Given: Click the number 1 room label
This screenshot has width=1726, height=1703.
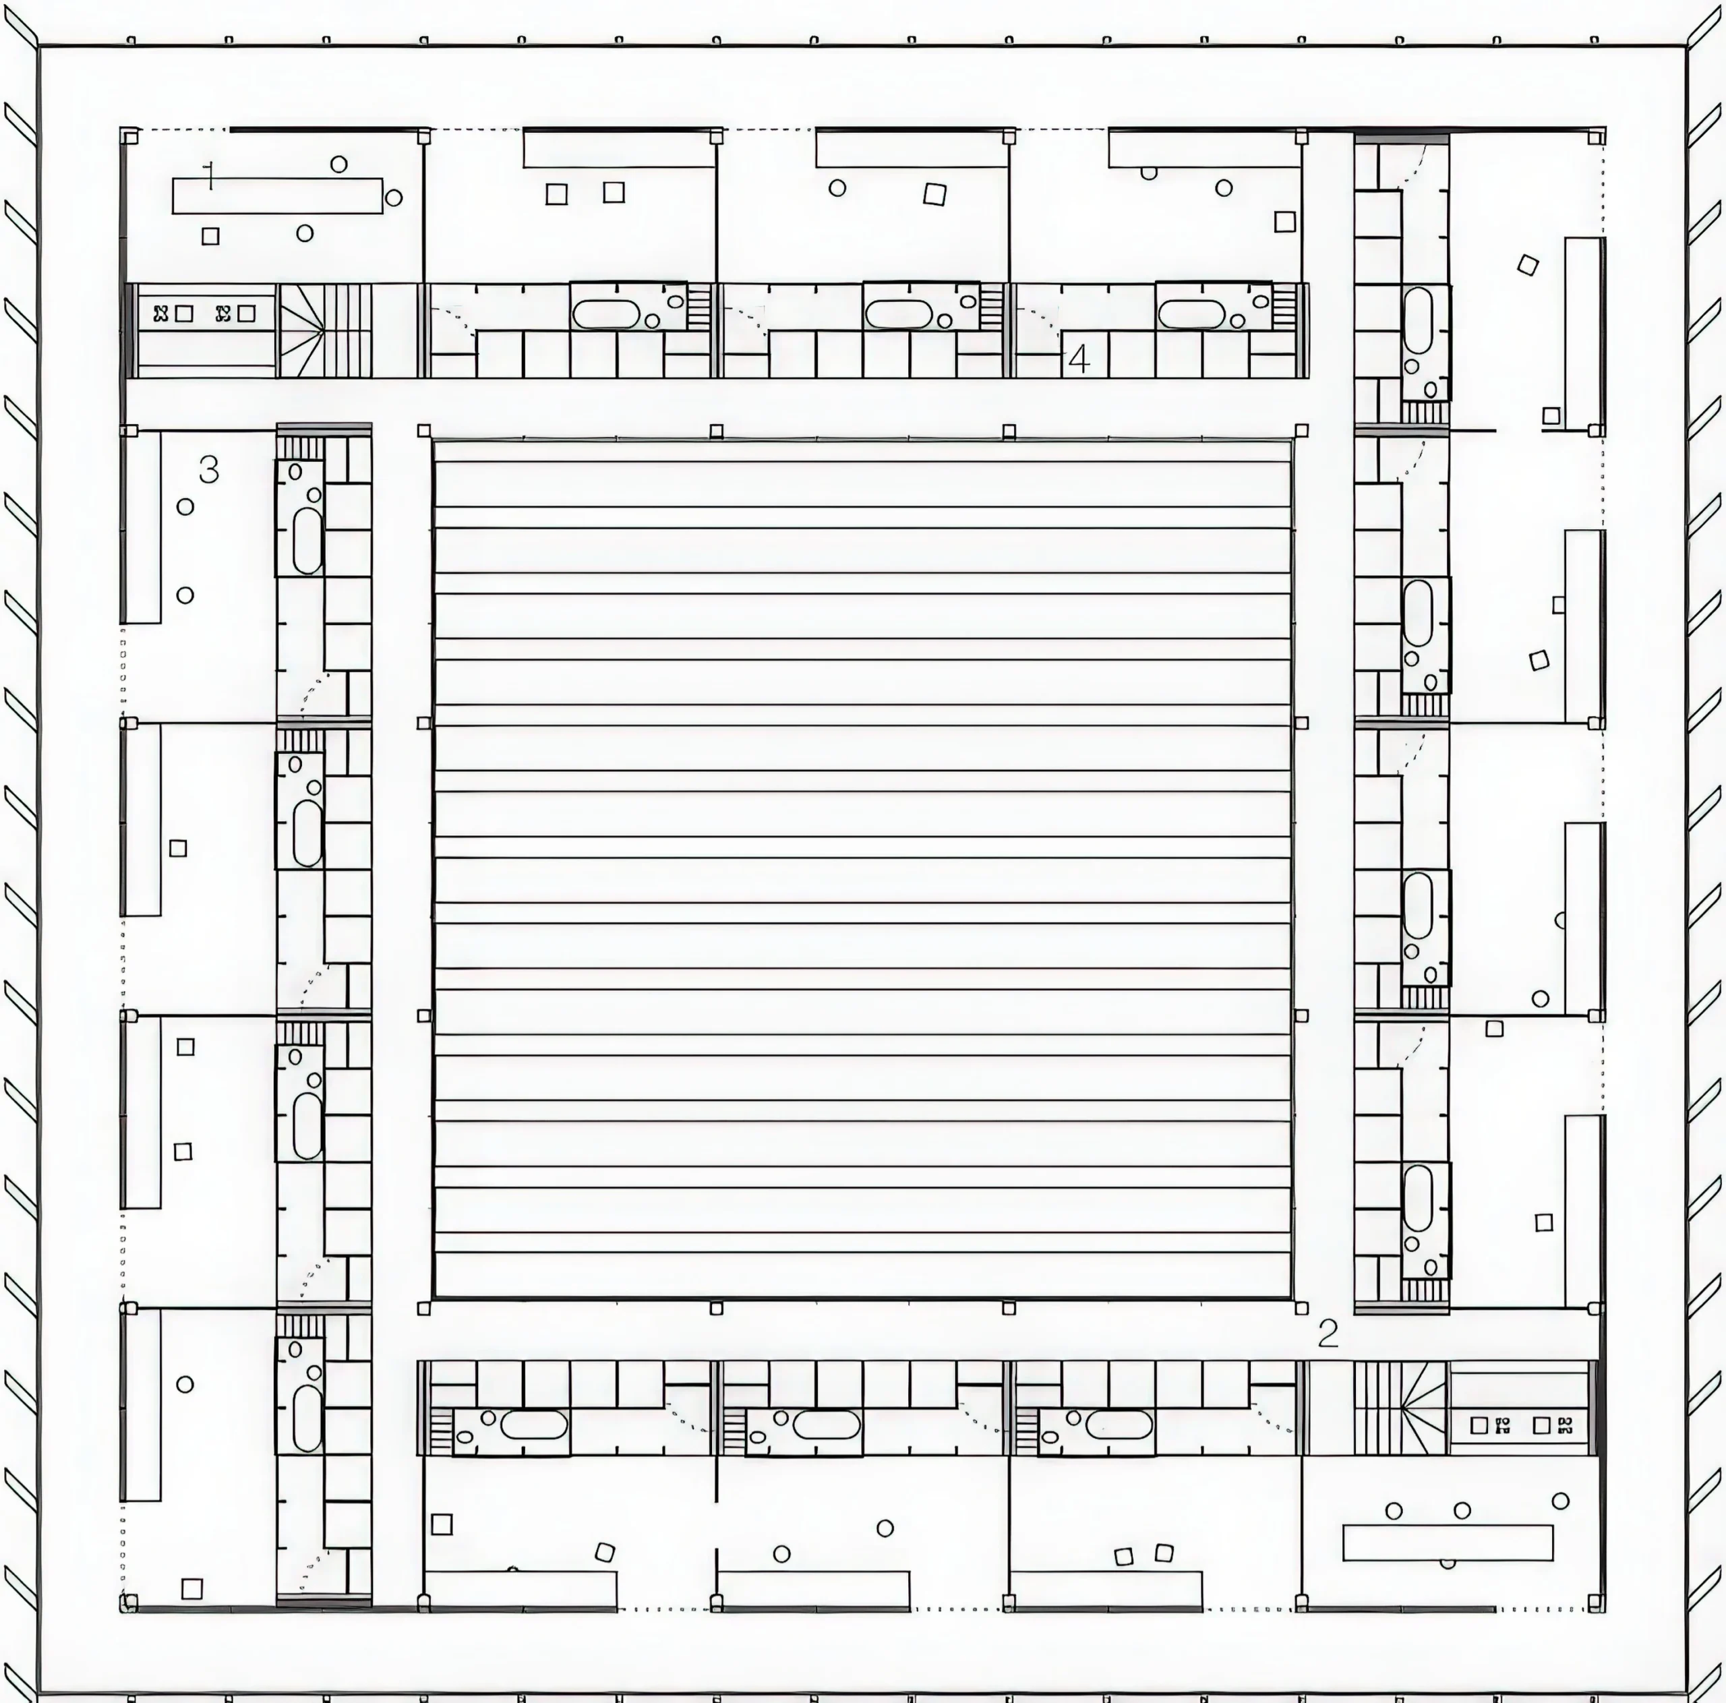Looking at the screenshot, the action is click(209, 176).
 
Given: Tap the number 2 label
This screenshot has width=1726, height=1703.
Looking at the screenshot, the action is click(1328, 1333).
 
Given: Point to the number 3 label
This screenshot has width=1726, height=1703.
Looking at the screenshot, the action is click(209, 469).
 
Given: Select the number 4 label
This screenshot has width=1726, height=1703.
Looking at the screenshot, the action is click(1079, 359).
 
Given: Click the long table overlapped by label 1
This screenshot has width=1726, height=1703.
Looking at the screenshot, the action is click(277, 196).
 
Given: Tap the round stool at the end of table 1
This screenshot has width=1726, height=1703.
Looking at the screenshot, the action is click(393, 198).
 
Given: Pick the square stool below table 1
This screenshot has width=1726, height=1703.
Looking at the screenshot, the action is click(210, 236).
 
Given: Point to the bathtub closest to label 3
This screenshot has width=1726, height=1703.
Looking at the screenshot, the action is click(307, 541).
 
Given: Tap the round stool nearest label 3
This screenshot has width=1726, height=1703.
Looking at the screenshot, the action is click(185, 506).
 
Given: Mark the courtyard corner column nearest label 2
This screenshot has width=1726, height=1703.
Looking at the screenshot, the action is click(1302, 1308).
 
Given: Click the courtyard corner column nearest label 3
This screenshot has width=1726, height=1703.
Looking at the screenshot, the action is click(423, 431).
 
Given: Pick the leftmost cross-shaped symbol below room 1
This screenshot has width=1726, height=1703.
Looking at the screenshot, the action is click(161, 313).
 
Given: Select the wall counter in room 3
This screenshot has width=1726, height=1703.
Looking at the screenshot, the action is click(141, 527).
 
